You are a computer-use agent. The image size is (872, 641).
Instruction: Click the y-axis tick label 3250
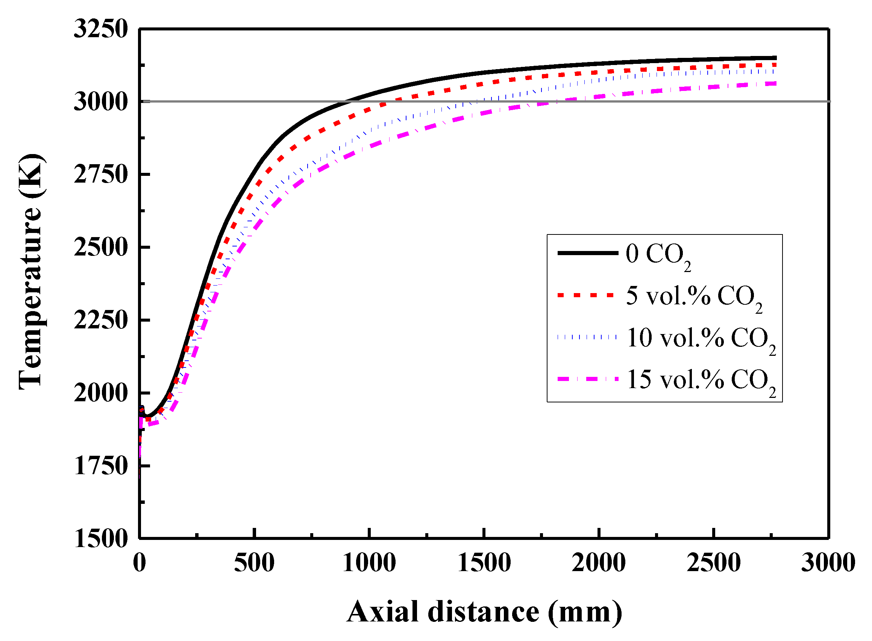click(100, 29)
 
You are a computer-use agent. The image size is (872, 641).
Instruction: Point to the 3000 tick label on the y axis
click(100, 102)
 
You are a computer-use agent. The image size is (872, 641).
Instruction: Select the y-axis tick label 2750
click(100, 175)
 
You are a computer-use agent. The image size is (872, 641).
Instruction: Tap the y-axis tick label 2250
click(100, 320)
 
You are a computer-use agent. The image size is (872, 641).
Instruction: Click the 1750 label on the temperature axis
click(100, 466)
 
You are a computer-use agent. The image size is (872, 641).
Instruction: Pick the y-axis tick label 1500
click(100, 539)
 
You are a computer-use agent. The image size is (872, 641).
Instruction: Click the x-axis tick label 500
click(254, 563)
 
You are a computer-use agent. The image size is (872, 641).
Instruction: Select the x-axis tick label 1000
click(369, 563)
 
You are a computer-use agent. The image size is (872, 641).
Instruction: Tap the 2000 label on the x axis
click(599, 563)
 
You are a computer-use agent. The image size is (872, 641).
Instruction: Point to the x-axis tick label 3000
click(828, 563)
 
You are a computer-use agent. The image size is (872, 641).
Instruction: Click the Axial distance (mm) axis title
click(484, 612)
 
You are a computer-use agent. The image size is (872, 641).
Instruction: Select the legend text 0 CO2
click(658, 256)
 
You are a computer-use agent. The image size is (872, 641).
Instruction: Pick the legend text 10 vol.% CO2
click(701, 339)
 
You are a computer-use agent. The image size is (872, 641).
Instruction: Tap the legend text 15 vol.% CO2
click(701, 381)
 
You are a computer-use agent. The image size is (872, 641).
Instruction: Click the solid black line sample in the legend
click(587, 253)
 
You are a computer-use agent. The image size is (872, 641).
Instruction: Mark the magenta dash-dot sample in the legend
click(587, 379)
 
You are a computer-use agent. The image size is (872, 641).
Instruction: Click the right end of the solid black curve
click(775, 58)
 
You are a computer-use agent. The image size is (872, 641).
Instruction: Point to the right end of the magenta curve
click(775, 83)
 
